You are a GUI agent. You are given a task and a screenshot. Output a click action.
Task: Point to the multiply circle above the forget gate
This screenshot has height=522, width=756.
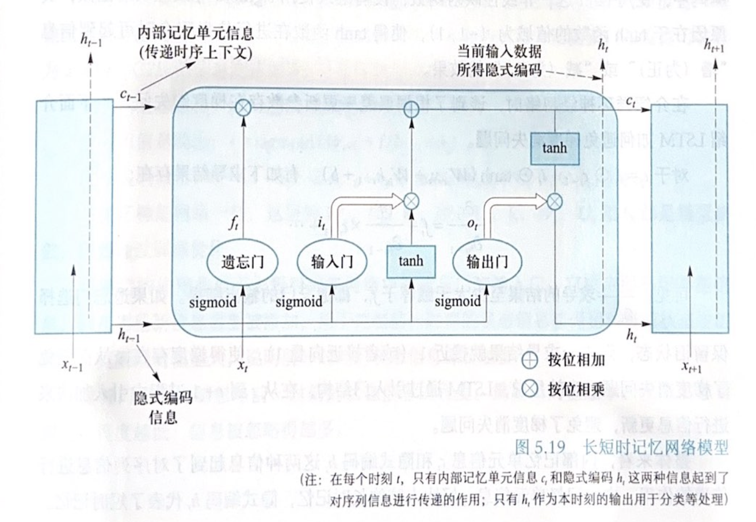tap(244, 108)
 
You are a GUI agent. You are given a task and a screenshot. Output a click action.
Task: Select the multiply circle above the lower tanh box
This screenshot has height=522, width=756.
tap(411, 201)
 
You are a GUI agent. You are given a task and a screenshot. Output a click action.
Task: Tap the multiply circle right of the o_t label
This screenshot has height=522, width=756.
tap(553, 201)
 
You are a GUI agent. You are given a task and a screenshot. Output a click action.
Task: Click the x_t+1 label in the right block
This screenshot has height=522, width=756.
tap(692, 368)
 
